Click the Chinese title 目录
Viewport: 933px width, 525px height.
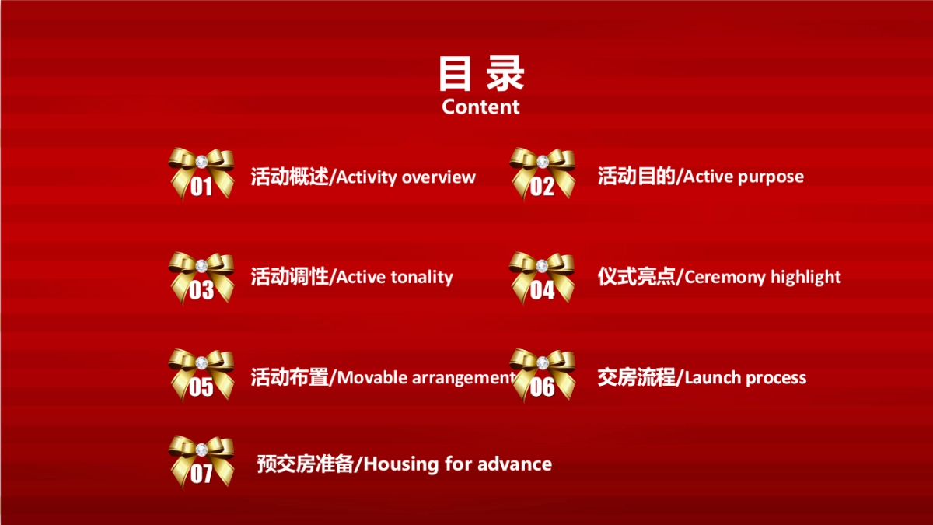tap(481, 74)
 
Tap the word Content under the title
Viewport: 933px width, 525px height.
tap(480, 107)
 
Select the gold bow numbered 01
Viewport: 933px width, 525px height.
tap(201, 173)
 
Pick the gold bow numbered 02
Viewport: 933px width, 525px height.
tap(543, 173)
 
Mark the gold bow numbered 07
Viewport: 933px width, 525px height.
tap(201, 461)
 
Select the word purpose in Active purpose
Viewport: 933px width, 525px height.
tap(771, 177)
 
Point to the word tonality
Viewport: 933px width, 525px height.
tap(421, 277)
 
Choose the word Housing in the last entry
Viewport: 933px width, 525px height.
tap(401, 464)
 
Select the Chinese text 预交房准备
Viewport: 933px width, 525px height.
tap(306, 464)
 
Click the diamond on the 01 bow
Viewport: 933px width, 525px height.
tap(201, 161)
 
